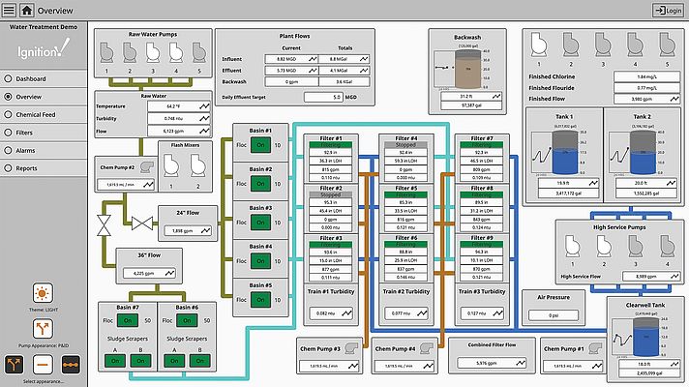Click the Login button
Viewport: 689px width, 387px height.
pyautogui.click(x=667, y=11)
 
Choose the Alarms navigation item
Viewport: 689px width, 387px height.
pyautogui.click(x=28, y=150)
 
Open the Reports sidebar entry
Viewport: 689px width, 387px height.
pyautogui.click(x=29, y=168)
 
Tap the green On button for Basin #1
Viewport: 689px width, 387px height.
pyautogui.click(x=261, y=145)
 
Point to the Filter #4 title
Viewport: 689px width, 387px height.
pyautogui.click(x=406, y=139)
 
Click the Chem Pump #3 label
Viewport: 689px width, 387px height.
pyautogui.click(x=317, y=348)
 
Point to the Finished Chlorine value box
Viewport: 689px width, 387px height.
pyautogui.click(x=634, y=75)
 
